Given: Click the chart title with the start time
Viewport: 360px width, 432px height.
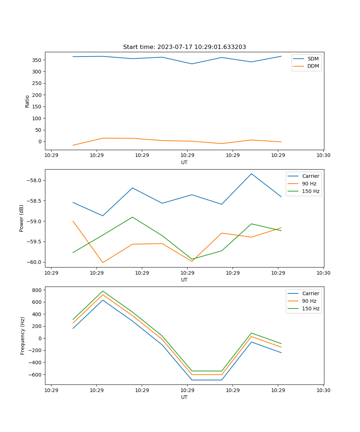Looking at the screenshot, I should [x=184, y=47].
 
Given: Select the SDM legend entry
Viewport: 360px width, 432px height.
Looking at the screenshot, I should [x=313, y=59].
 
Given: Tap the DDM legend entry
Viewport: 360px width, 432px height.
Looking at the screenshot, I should [x=313, y=66].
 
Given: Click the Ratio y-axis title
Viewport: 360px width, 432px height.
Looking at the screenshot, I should [x=27, y=101].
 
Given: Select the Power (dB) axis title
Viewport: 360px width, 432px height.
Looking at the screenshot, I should [x=22, y=218].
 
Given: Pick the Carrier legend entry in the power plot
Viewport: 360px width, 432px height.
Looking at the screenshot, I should [x=310, y=176].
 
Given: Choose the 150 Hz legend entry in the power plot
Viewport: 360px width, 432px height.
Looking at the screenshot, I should [x=310, y=191].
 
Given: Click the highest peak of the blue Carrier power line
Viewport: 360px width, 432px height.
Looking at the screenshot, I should [x=251, y=174].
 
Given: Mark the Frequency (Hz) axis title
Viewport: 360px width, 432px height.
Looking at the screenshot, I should [x=23, y=336].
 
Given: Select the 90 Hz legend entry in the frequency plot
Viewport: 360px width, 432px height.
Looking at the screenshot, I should [x=309, y=301].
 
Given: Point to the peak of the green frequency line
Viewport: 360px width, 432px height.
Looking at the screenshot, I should [x=103, y=291].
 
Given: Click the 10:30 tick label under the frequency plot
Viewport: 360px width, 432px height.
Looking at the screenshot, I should [x=323, y=390].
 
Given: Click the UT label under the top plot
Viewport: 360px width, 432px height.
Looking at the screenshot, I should [x=184, y=162].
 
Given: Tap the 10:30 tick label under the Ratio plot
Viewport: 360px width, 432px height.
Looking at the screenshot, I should [x=323, y=156].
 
